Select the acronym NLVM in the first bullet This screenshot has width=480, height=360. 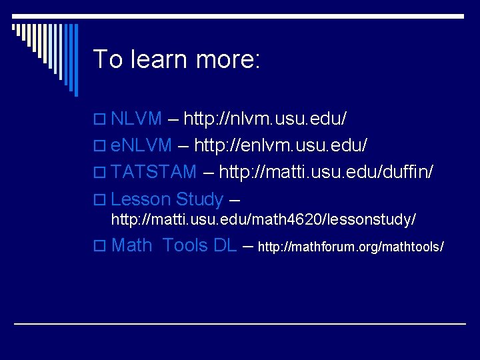[137, 119]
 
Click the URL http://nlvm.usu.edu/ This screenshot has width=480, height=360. [265, 119]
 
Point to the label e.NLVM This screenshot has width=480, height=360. [141, 145]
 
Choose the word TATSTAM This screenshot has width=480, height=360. [154, 172]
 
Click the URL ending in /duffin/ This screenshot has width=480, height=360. [327, 172]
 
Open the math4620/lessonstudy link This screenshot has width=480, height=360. [263, 219]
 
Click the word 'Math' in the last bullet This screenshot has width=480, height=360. [132, 245]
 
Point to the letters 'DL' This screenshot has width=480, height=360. [225, 245]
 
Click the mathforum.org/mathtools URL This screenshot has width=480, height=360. [351, 247]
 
